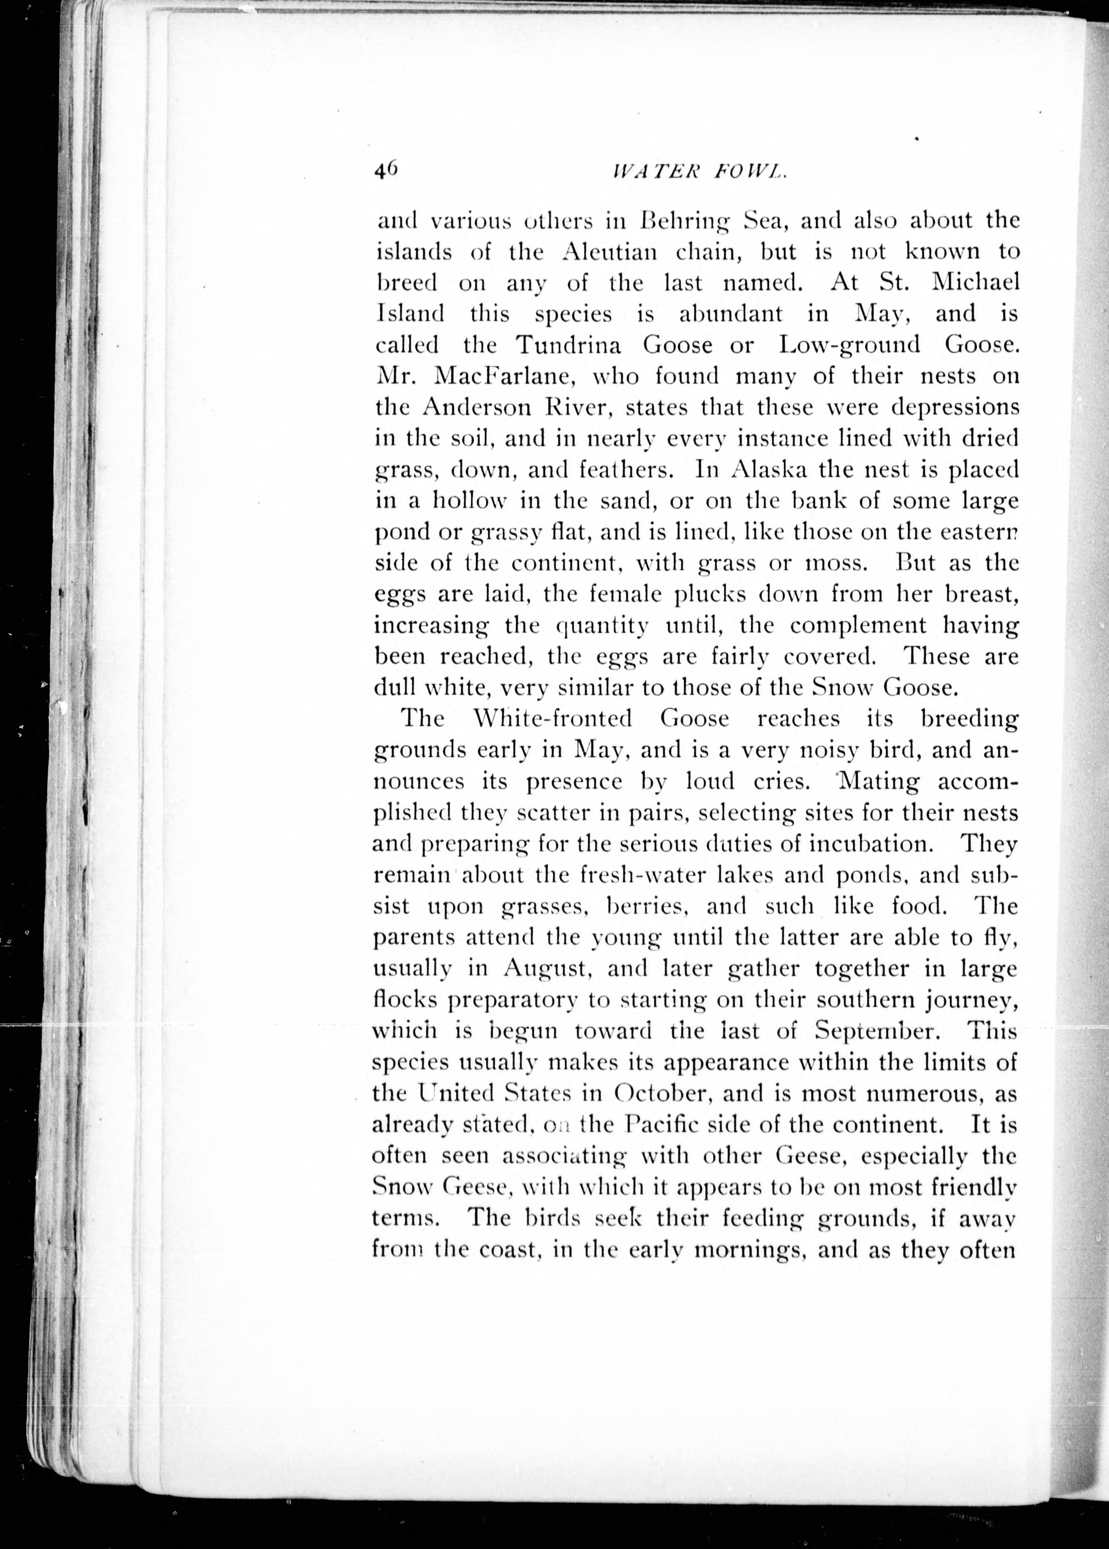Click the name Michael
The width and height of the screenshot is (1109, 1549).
pos(975,282)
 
